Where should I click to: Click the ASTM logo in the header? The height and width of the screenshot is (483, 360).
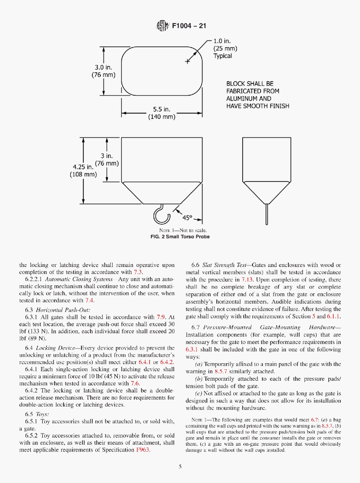162,26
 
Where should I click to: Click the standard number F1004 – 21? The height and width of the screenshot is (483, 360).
189,26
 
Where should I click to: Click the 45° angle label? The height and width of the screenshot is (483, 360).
188,217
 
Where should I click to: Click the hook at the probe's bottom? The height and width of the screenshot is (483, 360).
160,215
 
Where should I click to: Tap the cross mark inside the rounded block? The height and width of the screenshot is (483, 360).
188,61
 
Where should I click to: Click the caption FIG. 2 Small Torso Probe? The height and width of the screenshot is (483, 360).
180,237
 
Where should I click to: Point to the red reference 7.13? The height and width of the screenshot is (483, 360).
247,280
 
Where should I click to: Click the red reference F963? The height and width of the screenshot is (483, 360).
143,450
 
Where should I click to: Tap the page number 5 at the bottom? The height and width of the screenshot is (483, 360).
180,467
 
